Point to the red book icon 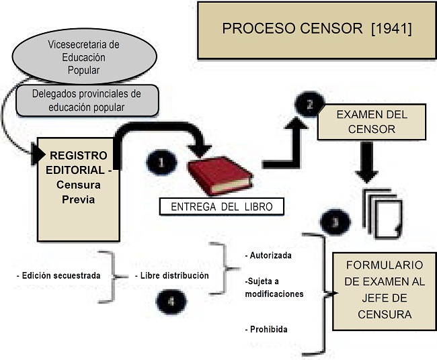[x=220, y=175]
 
